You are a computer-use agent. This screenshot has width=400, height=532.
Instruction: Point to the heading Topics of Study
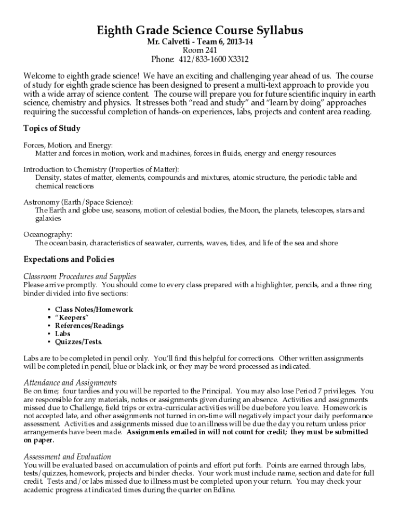[52, 128]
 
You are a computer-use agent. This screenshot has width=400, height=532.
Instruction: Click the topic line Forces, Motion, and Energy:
[68, 145]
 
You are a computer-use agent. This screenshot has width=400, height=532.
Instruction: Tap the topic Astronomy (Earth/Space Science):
[78, 202]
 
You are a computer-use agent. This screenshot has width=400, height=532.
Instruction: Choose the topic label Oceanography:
[48, 234]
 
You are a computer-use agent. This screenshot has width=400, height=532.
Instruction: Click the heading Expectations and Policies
[69, 259]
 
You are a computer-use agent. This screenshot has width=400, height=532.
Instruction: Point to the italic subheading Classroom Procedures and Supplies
[80, 276]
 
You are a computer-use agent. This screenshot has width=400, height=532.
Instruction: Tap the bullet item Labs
[62, 334]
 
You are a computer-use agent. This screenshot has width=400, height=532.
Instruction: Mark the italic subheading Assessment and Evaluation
[68, 456]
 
